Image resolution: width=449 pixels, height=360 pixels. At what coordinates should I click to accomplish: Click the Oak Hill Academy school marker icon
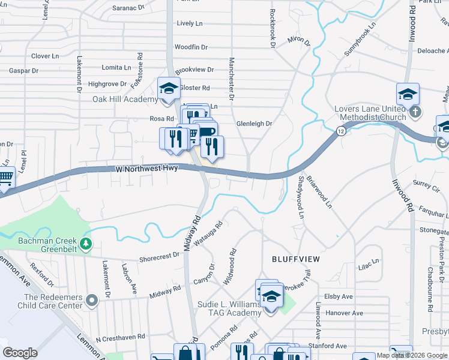click(169, 89)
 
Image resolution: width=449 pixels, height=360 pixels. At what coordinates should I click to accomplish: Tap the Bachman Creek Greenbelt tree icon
click(86, 243)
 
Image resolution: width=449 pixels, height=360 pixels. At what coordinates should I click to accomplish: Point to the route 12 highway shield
click(341, 131)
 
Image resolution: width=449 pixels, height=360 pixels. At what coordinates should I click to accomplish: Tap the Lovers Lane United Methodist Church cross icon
click(415, 112)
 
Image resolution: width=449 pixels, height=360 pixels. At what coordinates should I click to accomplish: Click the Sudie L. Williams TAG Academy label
click(230, 309)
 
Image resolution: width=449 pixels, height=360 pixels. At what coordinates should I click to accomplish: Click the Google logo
click(20, 353)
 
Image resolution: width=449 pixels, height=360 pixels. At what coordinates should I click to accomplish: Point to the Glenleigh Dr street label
click(255, 124)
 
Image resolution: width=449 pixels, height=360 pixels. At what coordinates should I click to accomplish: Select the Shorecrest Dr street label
click(159, 254)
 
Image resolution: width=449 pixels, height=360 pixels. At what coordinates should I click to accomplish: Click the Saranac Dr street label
click(129, 8)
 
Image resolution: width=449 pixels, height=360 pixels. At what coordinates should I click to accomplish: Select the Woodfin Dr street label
click(191, 47)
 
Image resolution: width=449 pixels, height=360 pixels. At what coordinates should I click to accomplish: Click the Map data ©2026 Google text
click(411, 355)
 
